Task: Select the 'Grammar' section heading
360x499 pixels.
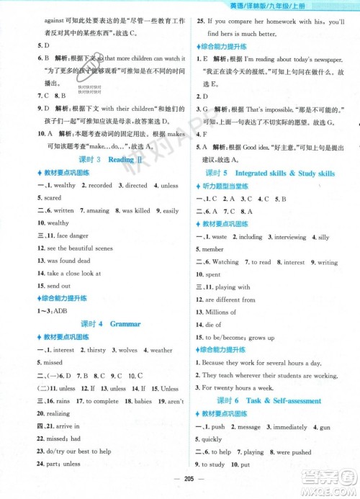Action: (125, 324)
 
